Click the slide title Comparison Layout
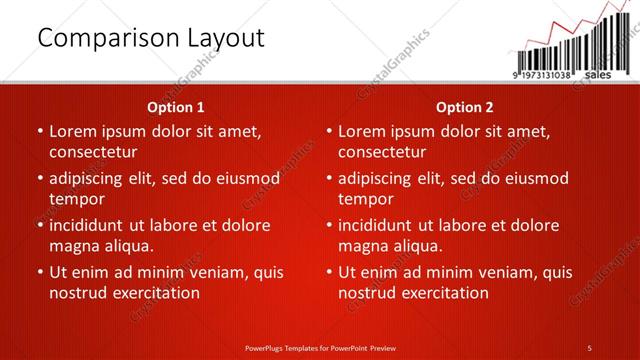[x=151, y=39]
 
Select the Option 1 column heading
[x=176, y=107]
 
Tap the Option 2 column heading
[x=465, y=107]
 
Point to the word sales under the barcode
[x=597, y=75]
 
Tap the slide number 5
[x=591, y=347]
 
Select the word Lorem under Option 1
[x=75, y=131]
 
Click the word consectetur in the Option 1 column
[x=92, y=152]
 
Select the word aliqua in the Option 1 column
[x=128, y=246]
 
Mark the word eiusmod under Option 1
[x=246, y=178]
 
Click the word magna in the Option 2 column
[x=362, y=246]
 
